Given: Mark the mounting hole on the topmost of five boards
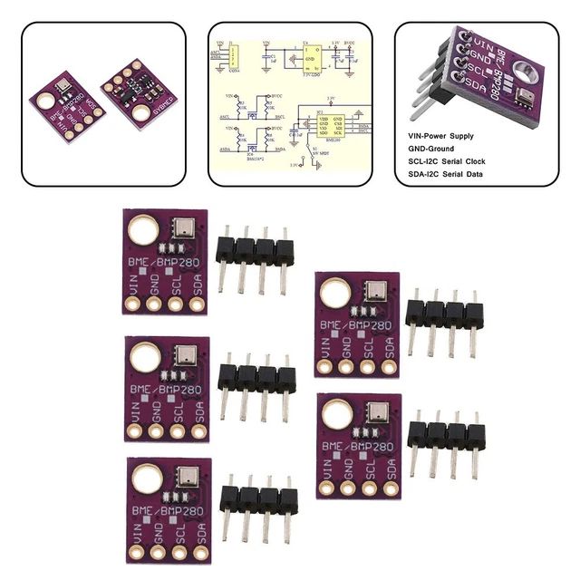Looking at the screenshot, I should click(x=142, y=230).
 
